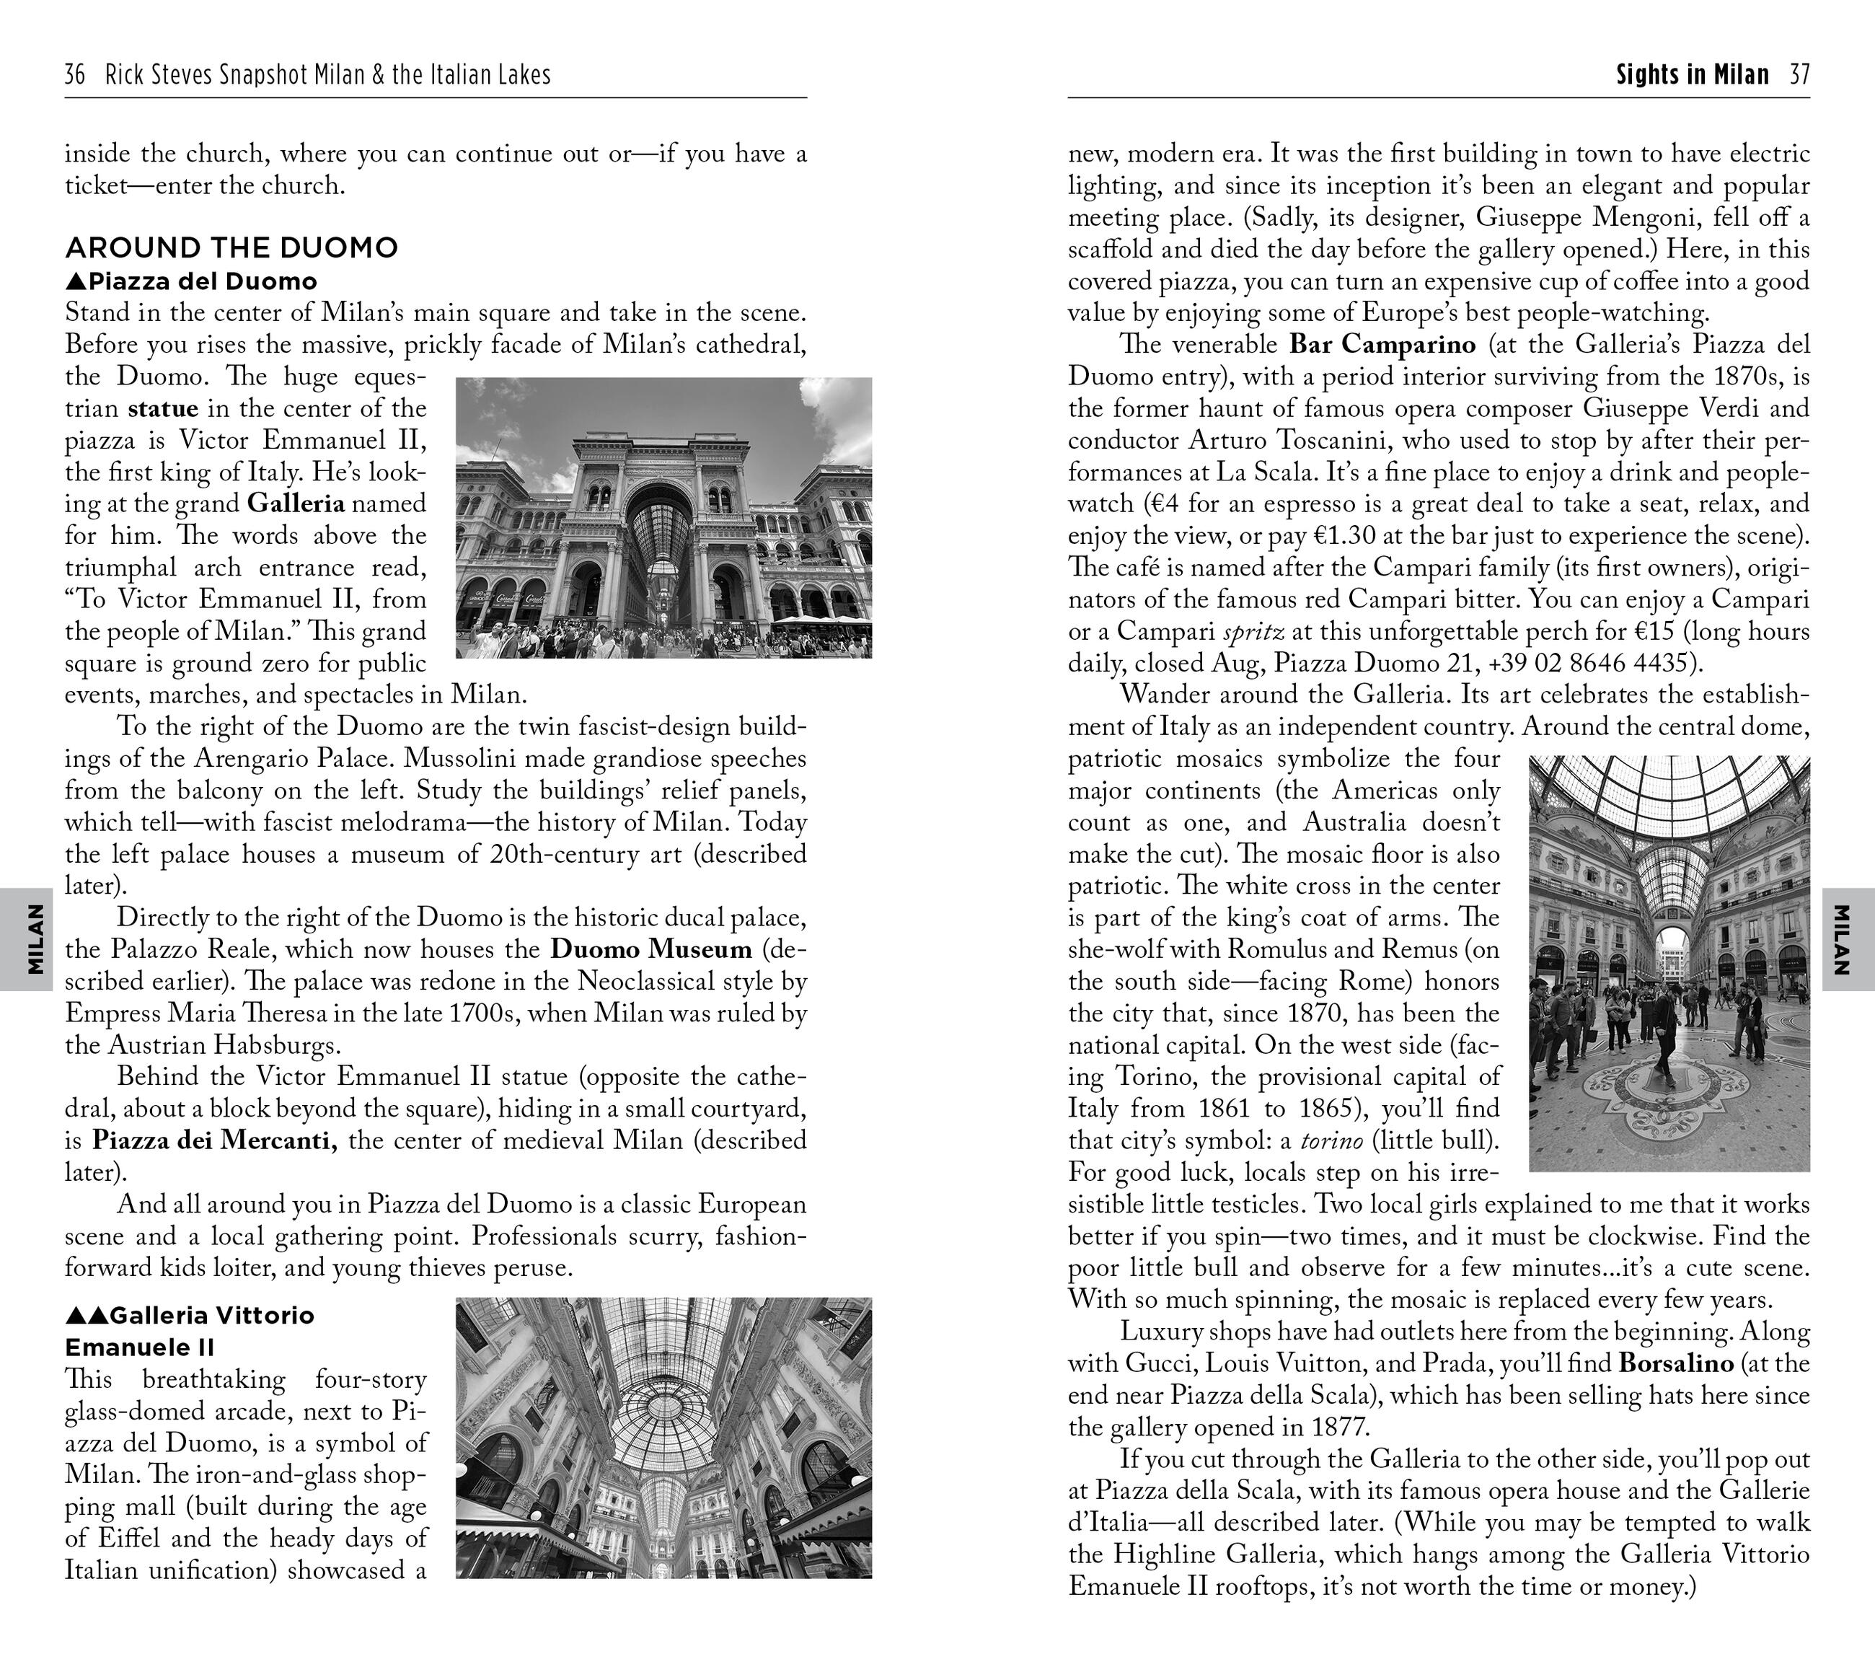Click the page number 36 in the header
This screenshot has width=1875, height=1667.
coord(74,74)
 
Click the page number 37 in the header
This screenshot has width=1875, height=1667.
coord(1799,74)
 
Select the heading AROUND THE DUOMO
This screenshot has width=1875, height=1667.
coord(231,247)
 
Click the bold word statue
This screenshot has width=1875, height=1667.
coord(163,408)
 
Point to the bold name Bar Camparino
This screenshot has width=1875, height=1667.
coord(1382,345)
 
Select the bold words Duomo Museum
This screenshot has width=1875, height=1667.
coord(650,949)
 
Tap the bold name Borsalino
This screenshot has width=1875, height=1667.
coord(1676,1363)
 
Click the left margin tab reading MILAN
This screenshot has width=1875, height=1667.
coord(35,938)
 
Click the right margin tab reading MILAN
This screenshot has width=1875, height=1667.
coord(1841,938)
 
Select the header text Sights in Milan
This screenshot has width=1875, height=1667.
coord(1692,74)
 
